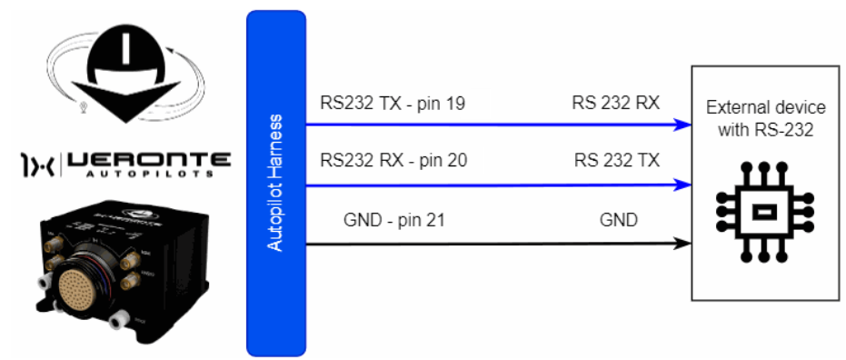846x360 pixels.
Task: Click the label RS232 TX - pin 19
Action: tap(393, 103)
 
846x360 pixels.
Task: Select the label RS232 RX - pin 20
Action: tap(393, 160)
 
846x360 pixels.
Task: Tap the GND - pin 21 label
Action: tap(393, 220)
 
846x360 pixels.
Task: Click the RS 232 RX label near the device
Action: tap(616, 103)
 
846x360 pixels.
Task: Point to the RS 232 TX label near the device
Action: tap(617, 160)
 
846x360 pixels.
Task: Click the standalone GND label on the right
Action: tap(618, 220)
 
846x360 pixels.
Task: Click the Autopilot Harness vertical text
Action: tap(275, 183)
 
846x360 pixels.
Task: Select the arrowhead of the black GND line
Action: tap(684, 244)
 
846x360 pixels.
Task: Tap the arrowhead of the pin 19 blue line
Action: tap(684, 125)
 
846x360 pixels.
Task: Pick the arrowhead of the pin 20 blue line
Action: tap(684, 185)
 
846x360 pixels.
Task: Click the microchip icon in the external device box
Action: tap(763, 213)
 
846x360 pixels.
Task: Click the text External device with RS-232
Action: tap(766, 119)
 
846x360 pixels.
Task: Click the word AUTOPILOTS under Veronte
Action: tap(150, 175)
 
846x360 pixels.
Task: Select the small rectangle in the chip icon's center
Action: tap(763, 213)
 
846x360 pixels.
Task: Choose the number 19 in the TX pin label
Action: tap(455, 103)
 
